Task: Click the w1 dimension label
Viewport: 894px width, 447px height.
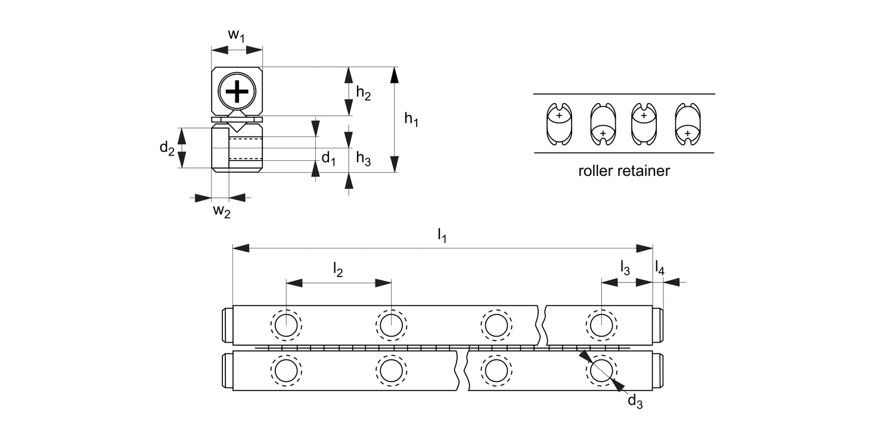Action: (x=237, y=36)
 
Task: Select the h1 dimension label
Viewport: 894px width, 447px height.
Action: (x=411, y=120)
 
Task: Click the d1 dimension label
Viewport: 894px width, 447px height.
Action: (x=329, y=158)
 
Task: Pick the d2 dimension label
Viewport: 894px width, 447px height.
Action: (x=167, y=148)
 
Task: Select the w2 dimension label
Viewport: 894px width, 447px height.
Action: (x=221, y=211)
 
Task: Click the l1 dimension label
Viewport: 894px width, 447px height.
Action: (x=442, y=236)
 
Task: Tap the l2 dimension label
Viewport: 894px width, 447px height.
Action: (x=337, y=269)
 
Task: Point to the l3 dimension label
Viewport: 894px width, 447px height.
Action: (x=625, y=268)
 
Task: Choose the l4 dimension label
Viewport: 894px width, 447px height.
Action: (x=660, y=268)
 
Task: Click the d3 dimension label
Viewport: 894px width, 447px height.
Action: (x=635, y=402)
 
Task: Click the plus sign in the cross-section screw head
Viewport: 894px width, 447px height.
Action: (x=237, y=92)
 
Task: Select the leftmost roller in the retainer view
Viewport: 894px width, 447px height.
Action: (x=559, y=124)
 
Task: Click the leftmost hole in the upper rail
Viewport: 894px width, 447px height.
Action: (x=286, y=325)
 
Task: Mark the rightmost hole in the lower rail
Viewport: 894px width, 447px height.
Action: (x=601, y=371)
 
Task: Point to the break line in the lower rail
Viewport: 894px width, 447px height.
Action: (x=462, y=371)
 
